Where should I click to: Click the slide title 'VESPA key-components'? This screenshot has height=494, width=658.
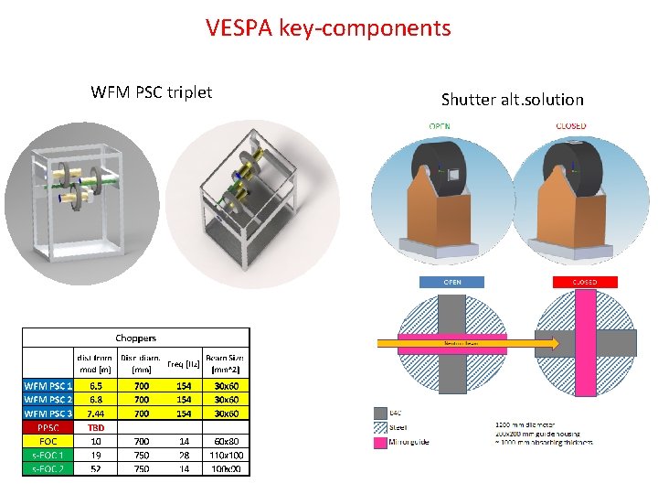(x=328, y=27)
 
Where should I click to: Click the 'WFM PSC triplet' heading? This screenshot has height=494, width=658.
(x=152, y=91)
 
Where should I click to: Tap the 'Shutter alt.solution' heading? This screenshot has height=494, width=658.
(x=512, y=99)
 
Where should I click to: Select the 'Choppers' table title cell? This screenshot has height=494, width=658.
(x=135, y=338)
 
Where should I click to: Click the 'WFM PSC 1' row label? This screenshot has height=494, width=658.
(x=48, y=386)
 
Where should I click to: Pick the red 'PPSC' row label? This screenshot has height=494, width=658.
(x=48, y=427)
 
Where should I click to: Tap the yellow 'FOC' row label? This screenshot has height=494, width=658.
(x=48, y=441)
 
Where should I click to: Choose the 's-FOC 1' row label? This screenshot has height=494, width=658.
(x=48, y=455)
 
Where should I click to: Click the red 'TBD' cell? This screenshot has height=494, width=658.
(x=96, y=427)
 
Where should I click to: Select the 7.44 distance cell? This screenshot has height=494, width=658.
(x=96, y=413)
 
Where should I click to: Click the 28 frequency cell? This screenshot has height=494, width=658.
(x=185, y=455)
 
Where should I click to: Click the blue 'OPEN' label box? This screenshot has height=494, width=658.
(x=452, y=282)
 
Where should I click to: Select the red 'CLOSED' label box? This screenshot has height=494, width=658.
(x=584, y=282)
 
